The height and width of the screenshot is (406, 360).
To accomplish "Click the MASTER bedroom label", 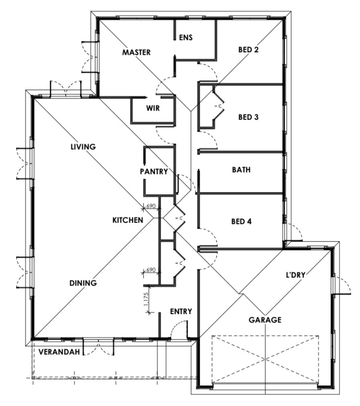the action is [136, 52].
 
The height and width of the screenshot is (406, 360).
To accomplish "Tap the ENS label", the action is [186, 37].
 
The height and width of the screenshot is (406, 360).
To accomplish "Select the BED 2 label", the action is [248, 49].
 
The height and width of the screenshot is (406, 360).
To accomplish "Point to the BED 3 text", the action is [248, 117].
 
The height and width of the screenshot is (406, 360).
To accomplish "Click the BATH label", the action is [241, 170].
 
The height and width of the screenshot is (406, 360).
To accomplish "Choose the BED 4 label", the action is [241, 221].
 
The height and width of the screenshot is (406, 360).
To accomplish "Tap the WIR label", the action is [153, 108].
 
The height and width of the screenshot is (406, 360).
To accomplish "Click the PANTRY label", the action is [154, 171].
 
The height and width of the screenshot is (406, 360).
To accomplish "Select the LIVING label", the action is [83, 147].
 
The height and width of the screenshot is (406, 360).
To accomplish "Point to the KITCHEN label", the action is [128, 220].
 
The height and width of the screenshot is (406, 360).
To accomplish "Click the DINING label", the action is [83, 283].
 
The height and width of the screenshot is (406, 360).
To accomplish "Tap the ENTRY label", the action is [181, 311].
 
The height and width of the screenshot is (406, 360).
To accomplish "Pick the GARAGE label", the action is [265, 320].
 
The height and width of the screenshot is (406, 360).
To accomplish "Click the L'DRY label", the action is [296, 275].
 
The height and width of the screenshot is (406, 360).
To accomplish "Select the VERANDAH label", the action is [59, 352].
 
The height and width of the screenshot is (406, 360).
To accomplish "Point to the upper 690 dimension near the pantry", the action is [151, 206].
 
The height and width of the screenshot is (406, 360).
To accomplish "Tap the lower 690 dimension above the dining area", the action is [151, 270].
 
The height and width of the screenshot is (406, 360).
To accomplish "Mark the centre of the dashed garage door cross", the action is [265, 359].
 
